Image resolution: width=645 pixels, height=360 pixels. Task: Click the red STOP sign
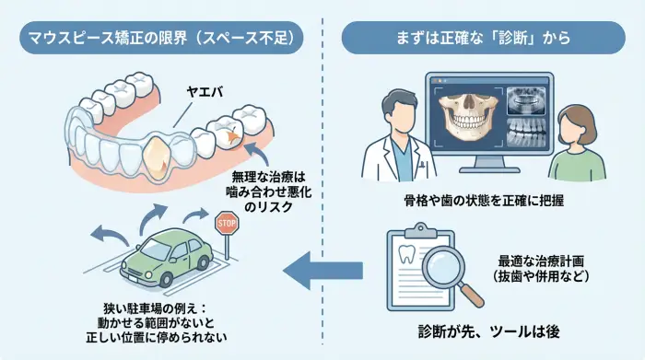226,223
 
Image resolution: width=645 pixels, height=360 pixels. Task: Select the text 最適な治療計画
545,261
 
